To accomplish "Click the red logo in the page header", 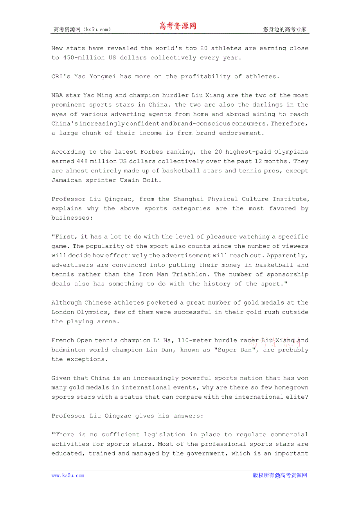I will click(x=178, y=27).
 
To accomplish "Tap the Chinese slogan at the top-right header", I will click(x=284, y=29).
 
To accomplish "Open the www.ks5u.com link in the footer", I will click(x=68, y=475).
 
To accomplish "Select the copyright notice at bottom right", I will click(x=280, y=475).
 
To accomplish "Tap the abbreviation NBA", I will click(x=57, y=95).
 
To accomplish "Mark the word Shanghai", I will click(x=189, y=199).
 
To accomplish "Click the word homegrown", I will click(x=290, y=388).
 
